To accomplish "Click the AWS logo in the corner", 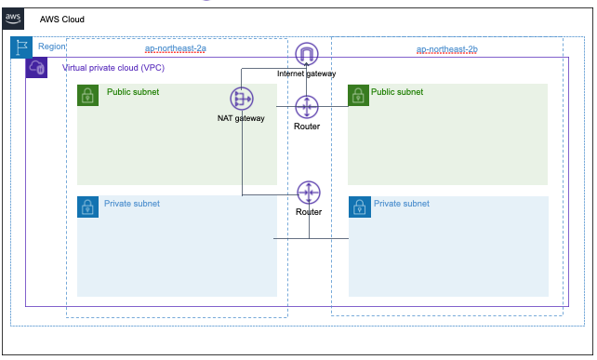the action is pyautogui.click(x=13, y=19).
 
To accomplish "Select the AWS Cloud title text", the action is pyautogui.click(x=62, y=20).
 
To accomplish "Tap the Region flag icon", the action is pyautogui.click(x=21, y=47).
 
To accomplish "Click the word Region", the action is pyautogui.click(x=52, y=47).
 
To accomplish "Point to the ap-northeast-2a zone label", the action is pyautogui.click(x=176, y=48).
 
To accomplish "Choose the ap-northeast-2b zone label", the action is pyautogui.click(x=447, y=49).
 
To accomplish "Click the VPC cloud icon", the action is pyautogui.click(x=36, y=67).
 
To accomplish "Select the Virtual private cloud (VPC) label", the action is pyautogui.click(x=113, y=68).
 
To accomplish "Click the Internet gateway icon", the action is pyautogui.click(x=307, y=54).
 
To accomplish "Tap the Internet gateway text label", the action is pyautogui.click(x=307, y=73).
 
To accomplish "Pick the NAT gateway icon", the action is pyautogui.click(x=242, y=99).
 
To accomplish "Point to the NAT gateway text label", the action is pyautogui.click(x=241, y=118).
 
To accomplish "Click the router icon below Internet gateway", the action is pyautogui.click(x=307, y=107).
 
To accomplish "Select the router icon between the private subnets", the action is pyautogui.click(x=309, y=193).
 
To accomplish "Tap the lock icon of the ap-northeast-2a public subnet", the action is pyautogui.click(x=88, y=95).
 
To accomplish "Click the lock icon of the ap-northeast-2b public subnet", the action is pyautogui.click(x=358, y=95).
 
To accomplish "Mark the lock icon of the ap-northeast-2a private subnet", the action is pyautogui.click(x=88, y=207).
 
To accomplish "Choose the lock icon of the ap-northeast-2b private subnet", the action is pyautogui.click(x=360, y=207).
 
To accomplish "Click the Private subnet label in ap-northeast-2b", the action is pyautogui.click(x=402, y=204).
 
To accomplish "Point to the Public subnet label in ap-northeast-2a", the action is pyautogui.click(x=133, y=92).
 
